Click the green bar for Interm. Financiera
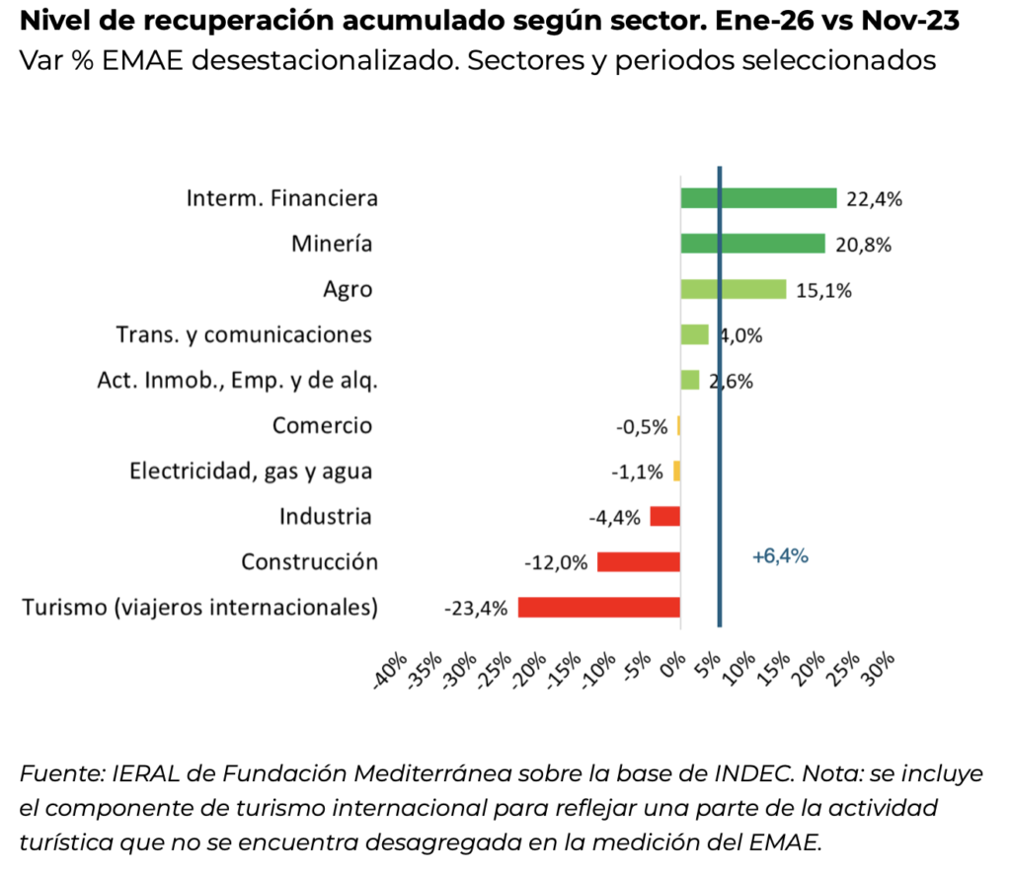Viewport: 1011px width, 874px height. pyautogui.click(x=758, y=198)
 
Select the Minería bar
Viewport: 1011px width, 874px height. pyautogui.click(x=752, y=244)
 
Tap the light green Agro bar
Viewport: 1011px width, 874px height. pyautogui.click(x=733, y=289)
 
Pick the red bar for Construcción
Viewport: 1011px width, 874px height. pyautogui.click(x=639, y=561)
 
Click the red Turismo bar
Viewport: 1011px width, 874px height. pyautogui.click(x=599, y=607)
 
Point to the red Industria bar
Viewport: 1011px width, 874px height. pyautogui.click(x=665, y=516)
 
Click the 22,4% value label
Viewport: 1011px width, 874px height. pyautogui.click(x=874, y=199)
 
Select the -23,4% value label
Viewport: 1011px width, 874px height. pyautogui.click(x=476, y=608)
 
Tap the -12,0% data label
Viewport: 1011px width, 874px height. pyautogui.click(x=556, y=562)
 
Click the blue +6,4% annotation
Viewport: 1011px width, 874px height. pyautogui.click(x=780, y=556)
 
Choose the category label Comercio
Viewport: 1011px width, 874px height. pyautogui.click(x=323, y=425)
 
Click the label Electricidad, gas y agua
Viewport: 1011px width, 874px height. pyautogui.click(x=251, y=471)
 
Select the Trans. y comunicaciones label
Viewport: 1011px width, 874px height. pyautogui.click(x=244, y=334)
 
